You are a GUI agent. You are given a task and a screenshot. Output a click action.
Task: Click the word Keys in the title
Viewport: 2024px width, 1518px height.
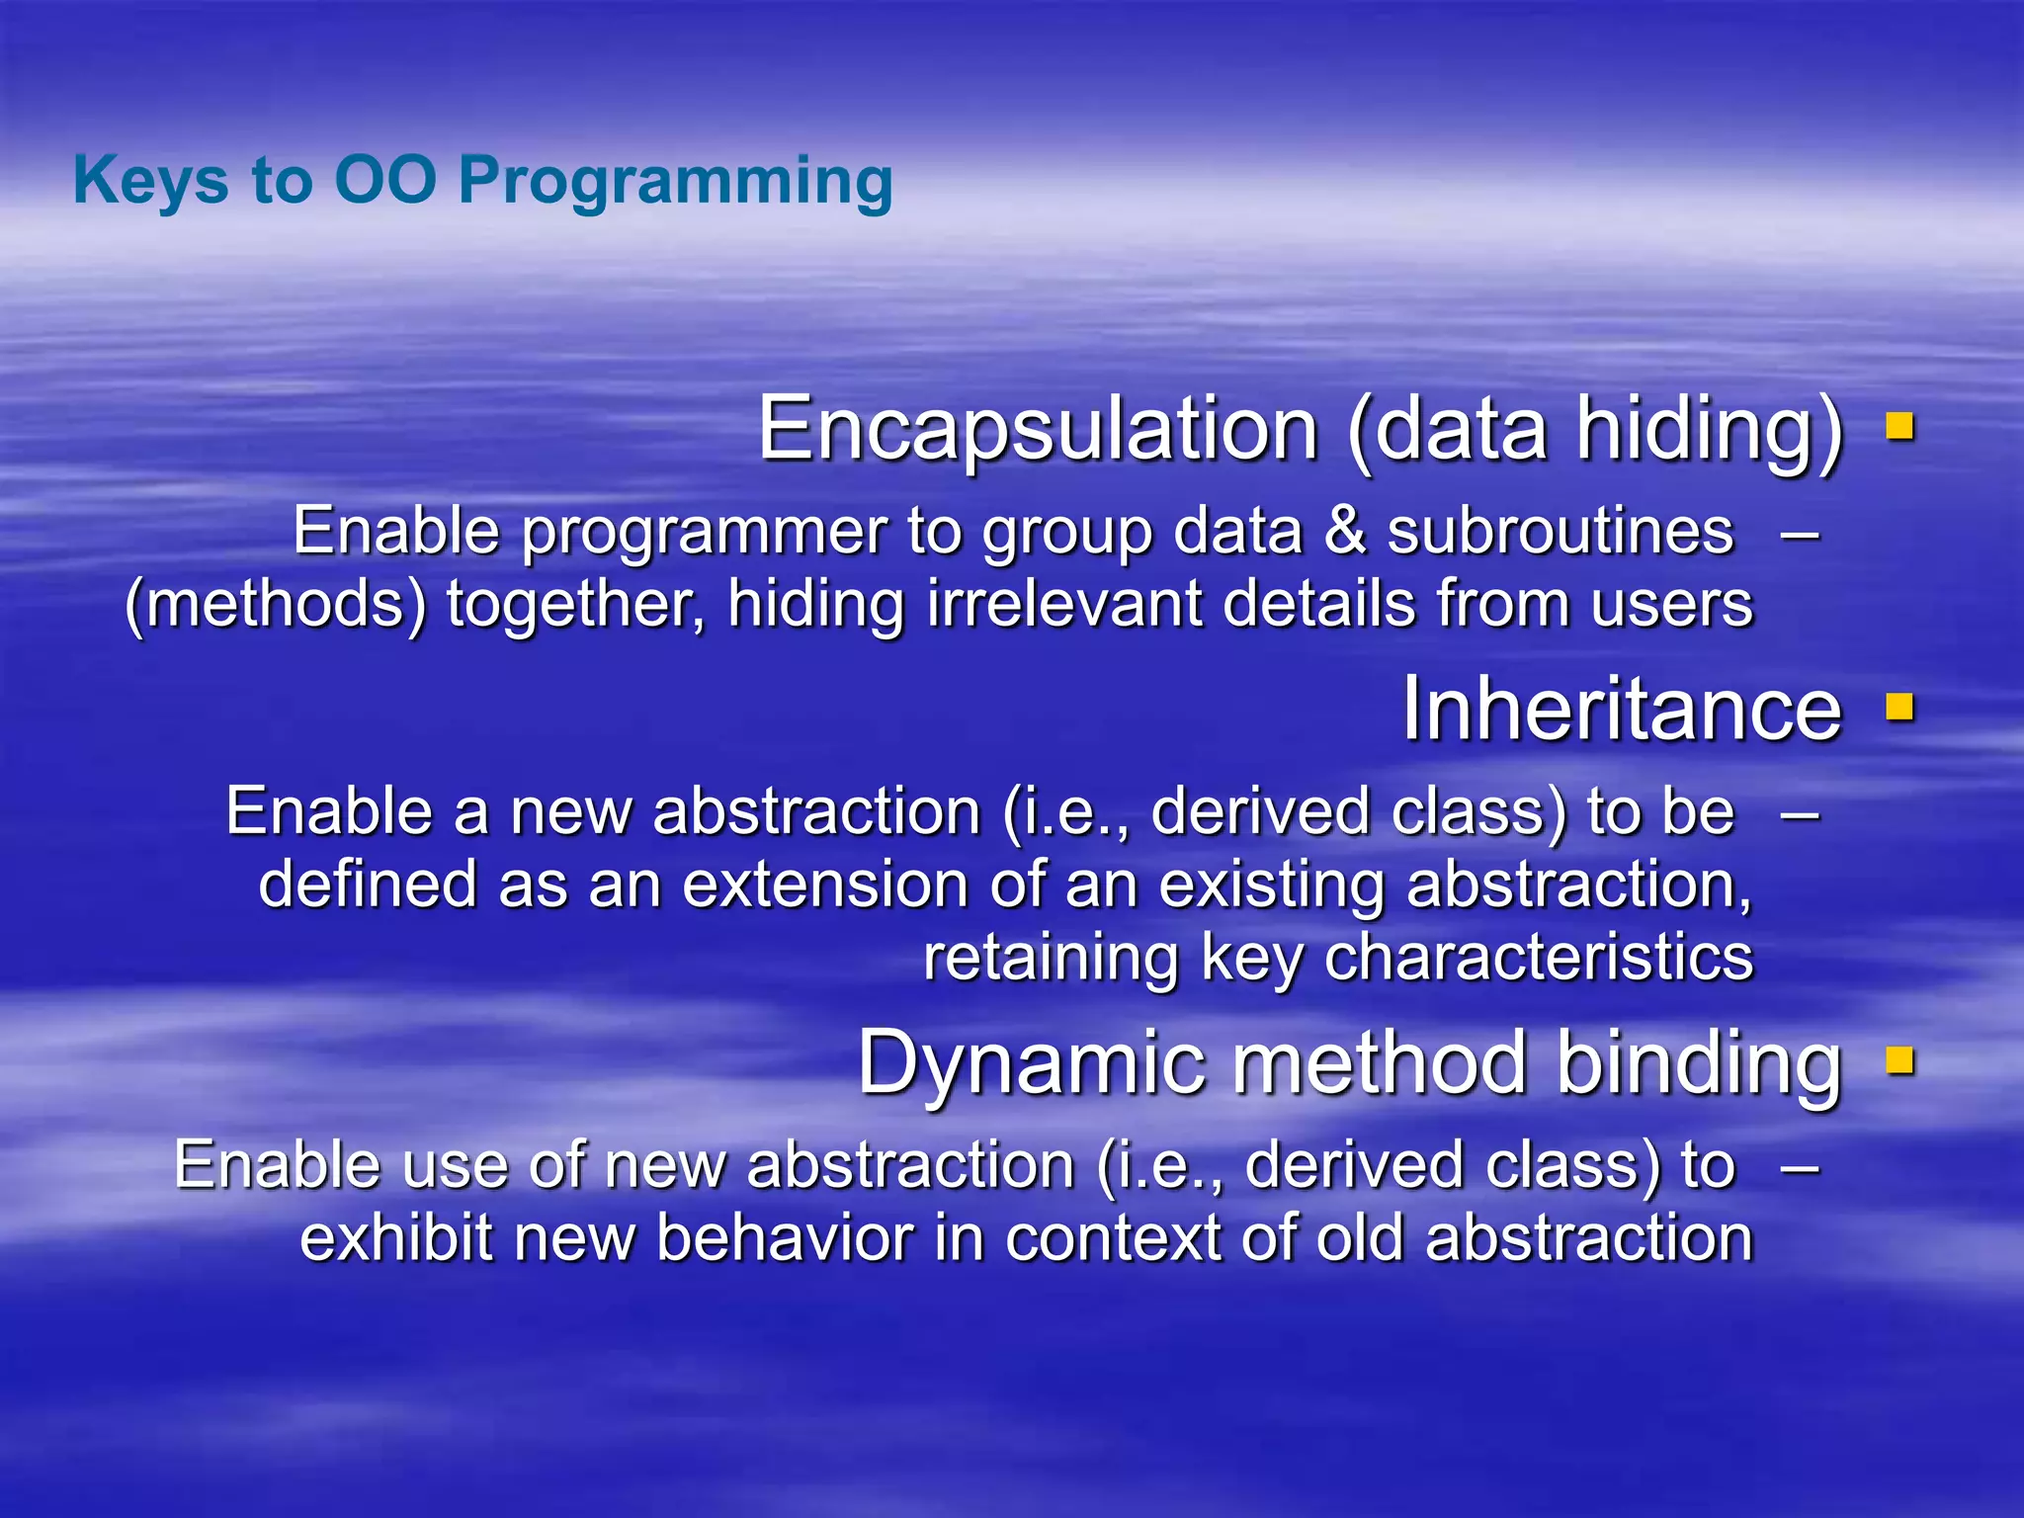(149, 182)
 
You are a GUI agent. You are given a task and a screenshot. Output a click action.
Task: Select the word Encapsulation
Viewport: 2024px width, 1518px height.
(1038, 429)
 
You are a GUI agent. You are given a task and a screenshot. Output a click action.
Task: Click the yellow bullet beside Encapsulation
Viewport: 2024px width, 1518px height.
(1899, 427)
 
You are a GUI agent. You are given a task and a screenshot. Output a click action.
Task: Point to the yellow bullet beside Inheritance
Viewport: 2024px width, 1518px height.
(1899, 708)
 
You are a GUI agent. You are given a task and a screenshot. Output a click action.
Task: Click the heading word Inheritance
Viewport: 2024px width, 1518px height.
(1622, 709)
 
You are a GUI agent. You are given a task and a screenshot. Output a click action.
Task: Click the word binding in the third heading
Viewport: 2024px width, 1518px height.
(1699, 1063)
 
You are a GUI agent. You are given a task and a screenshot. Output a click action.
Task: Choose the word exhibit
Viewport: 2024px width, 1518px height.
(396, 1237)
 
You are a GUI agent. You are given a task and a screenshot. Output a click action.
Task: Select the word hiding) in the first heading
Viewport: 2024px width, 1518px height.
(1710, 429)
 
